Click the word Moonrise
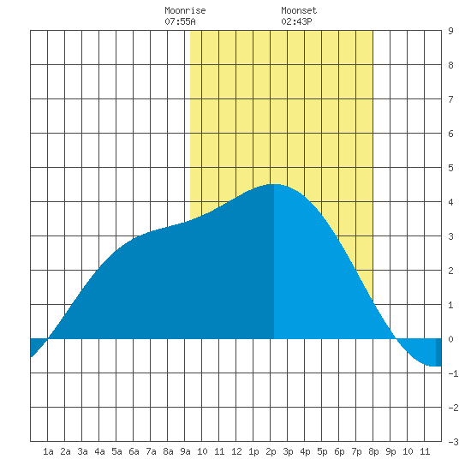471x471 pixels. (x=185, y=10)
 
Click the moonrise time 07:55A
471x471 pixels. (x=180, y=21)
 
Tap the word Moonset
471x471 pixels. (x=299, y=10)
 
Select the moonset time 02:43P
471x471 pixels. (x=296, y=21)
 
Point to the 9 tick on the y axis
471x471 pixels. (x=450, y=31)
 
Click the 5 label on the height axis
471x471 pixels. (x=450, y=168)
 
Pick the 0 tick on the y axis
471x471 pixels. (x=450, y=339)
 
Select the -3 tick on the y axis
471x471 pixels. (x=453, y=442)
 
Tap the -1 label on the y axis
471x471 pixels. (x=453, y=373)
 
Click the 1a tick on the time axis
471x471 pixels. (x=48, y=451)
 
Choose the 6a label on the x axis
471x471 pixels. (x=134, y=451)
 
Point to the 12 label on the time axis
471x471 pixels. (x=236, y=451)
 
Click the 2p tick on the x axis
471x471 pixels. (x=271, y=451)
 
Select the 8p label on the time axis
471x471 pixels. (x=373, y=451)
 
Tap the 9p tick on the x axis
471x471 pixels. (x=391, y=451)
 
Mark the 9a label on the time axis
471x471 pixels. (x=185, y=451)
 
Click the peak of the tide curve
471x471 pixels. (x=274, y=184)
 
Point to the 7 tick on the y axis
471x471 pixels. (x=450, y=99)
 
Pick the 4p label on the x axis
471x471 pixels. (x=305, y=451)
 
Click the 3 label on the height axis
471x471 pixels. (x=450, y=236)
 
